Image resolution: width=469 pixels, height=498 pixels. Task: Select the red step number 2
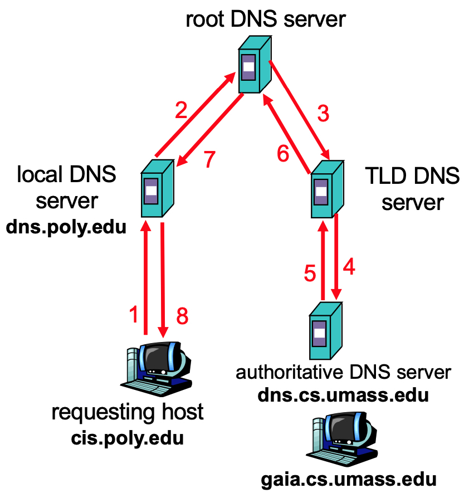pyautogui.click(x=180, y=111)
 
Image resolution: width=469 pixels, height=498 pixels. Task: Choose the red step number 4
pyautogui.click(x=349, y=267)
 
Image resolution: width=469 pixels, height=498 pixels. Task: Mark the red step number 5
pyautogui.click(x=310, y=274)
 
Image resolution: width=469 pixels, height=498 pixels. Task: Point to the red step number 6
pyautogui.click(x=283, y=153)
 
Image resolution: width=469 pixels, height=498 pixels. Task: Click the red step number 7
pyautogui.click(x=208, y=159)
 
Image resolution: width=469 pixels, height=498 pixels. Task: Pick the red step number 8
pyautogui.click(x=182, y=316)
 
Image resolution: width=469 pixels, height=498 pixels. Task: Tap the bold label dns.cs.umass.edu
pyautogui.click(x=343, y=395)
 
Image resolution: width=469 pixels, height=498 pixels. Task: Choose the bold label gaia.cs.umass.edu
pyautogui.click(x=349, y=480)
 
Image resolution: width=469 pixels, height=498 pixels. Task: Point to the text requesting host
pyautogui.click(x=128, y=413)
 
